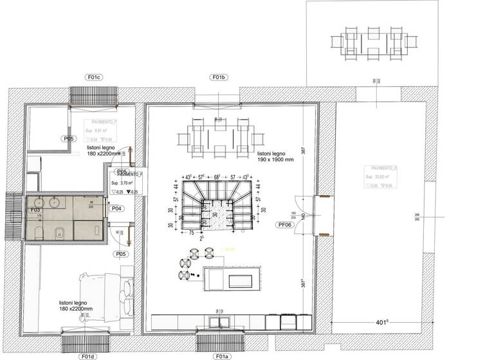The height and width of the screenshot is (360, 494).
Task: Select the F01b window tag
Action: pyautogui.click(x=219, y=77)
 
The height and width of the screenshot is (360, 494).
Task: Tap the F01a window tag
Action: pyautogui.click(x=221, y=355)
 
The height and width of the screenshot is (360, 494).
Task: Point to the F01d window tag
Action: pyautogui.click(x=88, y=355)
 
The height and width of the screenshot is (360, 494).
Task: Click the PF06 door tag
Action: pyautogui.click(x=283, y=225)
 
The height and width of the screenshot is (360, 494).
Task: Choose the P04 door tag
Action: pyautogui.click(x=117, y=208)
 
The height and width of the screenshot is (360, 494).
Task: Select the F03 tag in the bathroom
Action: pyautogui.click(x=36, y=210)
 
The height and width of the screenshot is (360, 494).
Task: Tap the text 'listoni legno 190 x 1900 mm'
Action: pyautogui.click(x=276, y=157)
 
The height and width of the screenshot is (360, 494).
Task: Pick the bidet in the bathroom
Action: pyautogui.click(x=59, y=232)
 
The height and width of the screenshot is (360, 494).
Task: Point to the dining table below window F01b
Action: pyautogui.click(x=219, y=135)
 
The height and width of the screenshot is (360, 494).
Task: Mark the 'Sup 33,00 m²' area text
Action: pyautogui.click(x=377, y=175)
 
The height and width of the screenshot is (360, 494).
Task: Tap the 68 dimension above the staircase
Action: pyautogui.click(x=217, y=176)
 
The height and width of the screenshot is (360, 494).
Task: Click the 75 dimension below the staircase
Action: pyautogui.click(x=192, y=231)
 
